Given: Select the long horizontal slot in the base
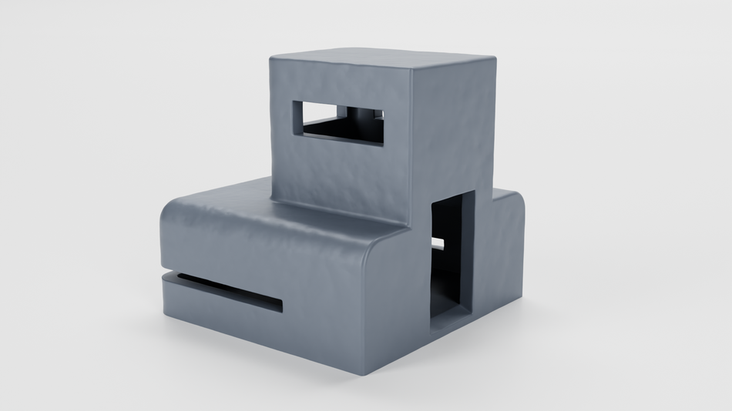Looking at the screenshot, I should tap(223, 290).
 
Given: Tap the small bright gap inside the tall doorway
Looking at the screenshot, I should tap(438, 244).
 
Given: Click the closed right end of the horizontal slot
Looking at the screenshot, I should tap(279, 306).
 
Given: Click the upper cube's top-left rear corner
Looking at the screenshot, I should tap(271, 58).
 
